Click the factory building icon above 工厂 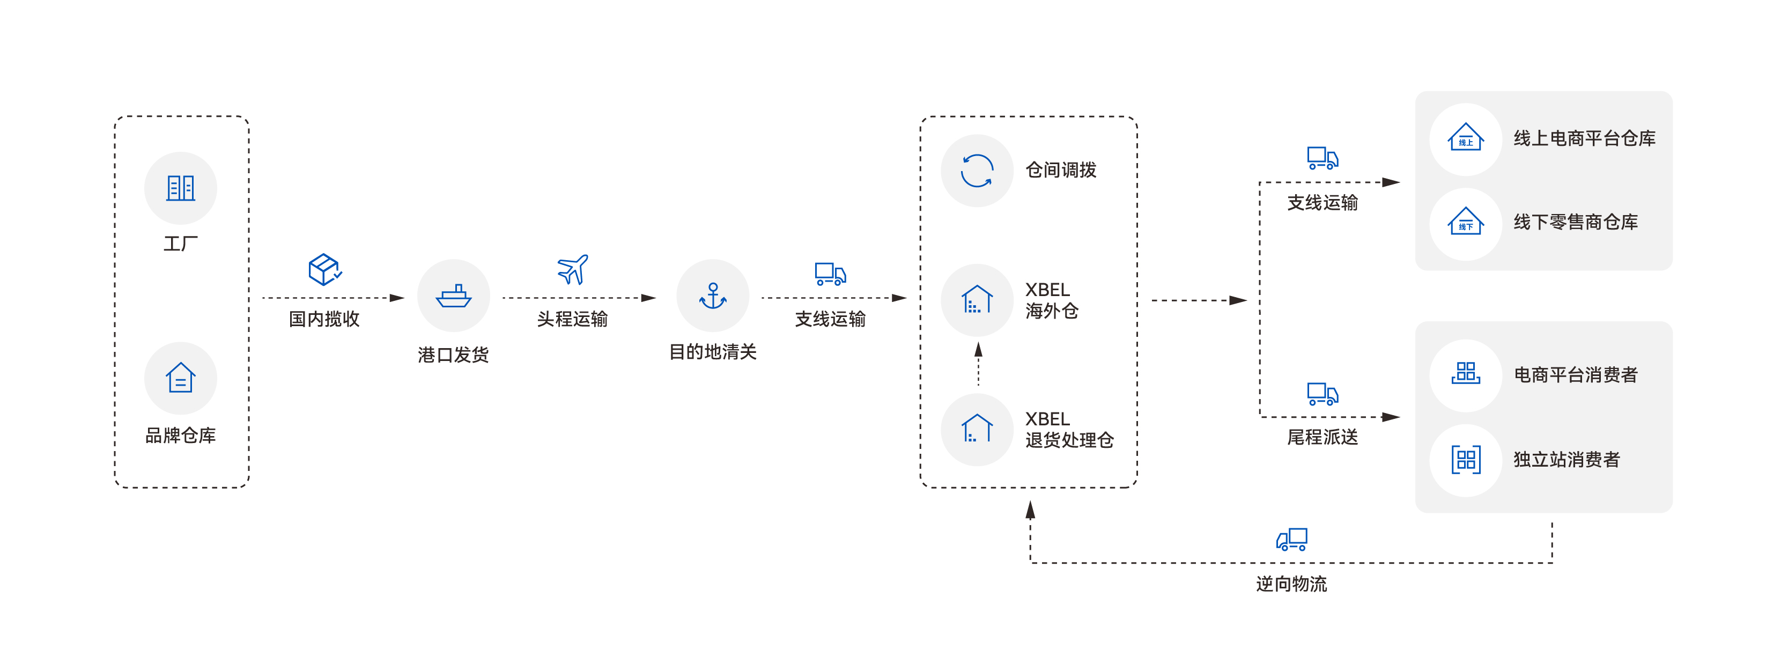181,188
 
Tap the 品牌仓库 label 181,435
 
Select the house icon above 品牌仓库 181,378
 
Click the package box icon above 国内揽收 324,269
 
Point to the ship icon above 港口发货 453,296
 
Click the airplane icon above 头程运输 573,269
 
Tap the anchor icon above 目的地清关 713,296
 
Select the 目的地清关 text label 713,352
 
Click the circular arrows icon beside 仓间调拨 977,171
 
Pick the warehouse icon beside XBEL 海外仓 977,300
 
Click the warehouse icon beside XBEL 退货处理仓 977,429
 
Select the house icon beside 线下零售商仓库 1465,223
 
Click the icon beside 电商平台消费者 1465,373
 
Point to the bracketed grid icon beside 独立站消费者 1465,459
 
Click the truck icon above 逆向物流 1292,539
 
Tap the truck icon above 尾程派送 1322,394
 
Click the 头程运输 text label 573,319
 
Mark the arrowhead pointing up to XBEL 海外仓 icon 978,349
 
